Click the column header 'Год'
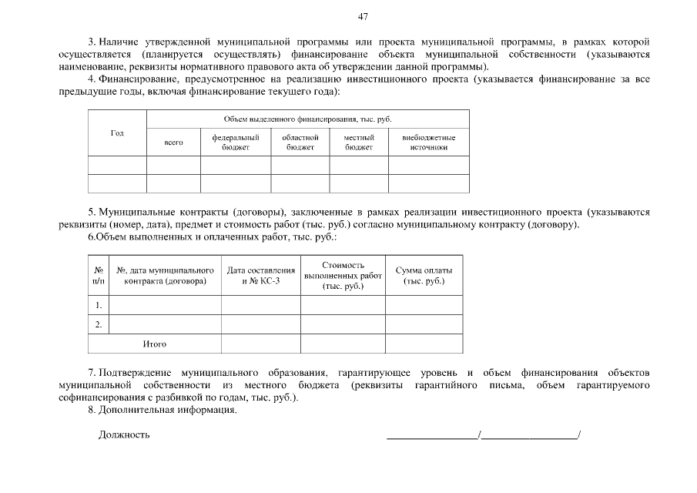(x=117, y=133)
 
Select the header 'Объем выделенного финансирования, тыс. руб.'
(x=308, y=119)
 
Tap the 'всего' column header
(x=174, y=143)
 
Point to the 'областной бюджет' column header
(x=300, y=143)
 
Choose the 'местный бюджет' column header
(x=359, y=143)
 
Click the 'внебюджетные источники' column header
(x=429, y=143)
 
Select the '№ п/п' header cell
(x=99, y=276)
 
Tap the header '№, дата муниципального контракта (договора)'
(x=165, y=276)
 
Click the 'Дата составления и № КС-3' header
(x=261, y=276)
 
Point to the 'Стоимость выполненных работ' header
(x=343, y=276)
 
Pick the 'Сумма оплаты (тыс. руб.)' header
(x=424, y=276)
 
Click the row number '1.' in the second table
(x=99, y=305)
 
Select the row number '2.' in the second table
(x=99, y=324)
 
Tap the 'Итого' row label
(x=155, y=344)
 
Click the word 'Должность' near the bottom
(x=124, y=435)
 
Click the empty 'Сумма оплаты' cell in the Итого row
(x=424, y=344)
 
